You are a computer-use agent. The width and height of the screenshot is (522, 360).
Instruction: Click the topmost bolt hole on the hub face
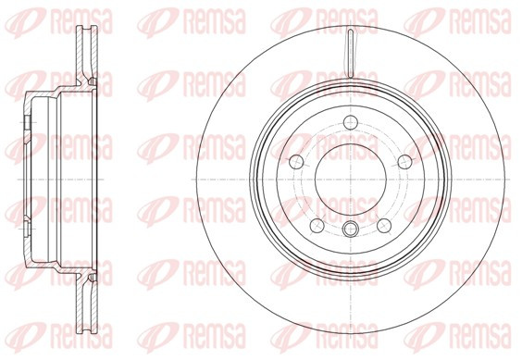click(351, 122)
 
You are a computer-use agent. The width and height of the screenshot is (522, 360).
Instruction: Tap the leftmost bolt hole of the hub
click(296, 162)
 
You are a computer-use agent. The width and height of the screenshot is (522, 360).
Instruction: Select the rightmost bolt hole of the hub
click(405, 162)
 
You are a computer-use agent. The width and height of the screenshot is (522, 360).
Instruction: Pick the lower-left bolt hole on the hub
click(317, 226)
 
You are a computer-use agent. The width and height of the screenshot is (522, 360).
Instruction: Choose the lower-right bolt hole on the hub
click(384, 226)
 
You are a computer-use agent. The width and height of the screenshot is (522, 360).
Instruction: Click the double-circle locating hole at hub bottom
click(351, 229)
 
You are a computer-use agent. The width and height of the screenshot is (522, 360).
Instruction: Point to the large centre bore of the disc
click(351, 180)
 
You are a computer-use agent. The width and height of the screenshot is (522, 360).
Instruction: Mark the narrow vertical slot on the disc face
click(351, 54)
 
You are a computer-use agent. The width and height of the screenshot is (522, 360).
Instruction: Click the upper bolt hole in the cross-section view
click(27, 123)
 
